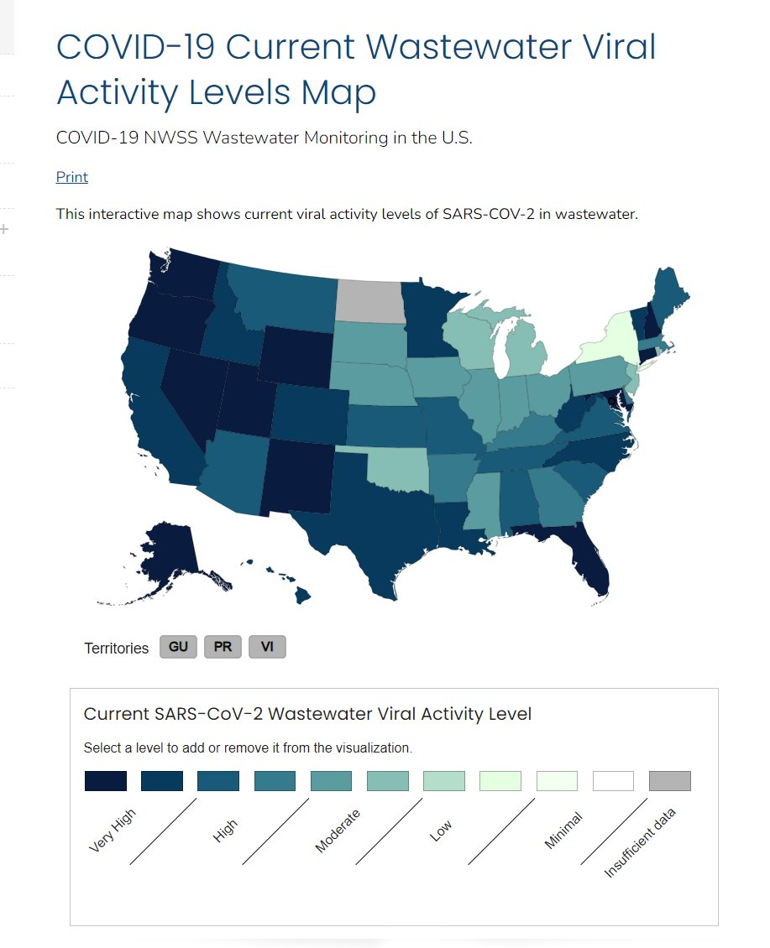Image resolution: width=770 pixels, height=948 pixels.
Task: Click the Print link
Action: pos(72,177)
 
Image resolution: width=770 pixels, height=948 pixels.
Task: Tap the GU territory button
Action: pos(178,647)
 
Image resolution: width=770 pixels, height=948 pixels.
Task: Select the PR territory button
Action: pos(223,647)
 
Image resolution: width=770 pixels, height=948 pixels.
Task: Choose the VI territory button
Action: pos(267,647)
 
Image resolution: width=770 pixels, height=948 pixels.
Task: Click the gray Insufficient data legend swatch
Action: pos(669,781)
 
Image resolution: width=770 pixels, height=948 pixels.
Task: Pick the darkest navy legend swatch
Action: pos(106,781)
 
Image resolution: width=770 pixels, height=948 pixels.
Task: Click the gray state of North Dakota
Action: pos(369,300)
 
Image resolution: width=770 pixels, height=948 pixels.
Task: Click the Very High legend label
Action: pos(112,831)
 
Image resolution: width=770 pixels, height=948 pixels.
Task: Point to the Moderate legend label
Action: pos(338,831)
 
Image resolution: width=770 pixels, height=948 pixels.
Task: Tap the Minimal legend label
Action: pos(563,831)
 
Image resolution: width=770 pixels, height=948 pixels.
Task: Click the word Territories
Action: pos(117,648)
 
